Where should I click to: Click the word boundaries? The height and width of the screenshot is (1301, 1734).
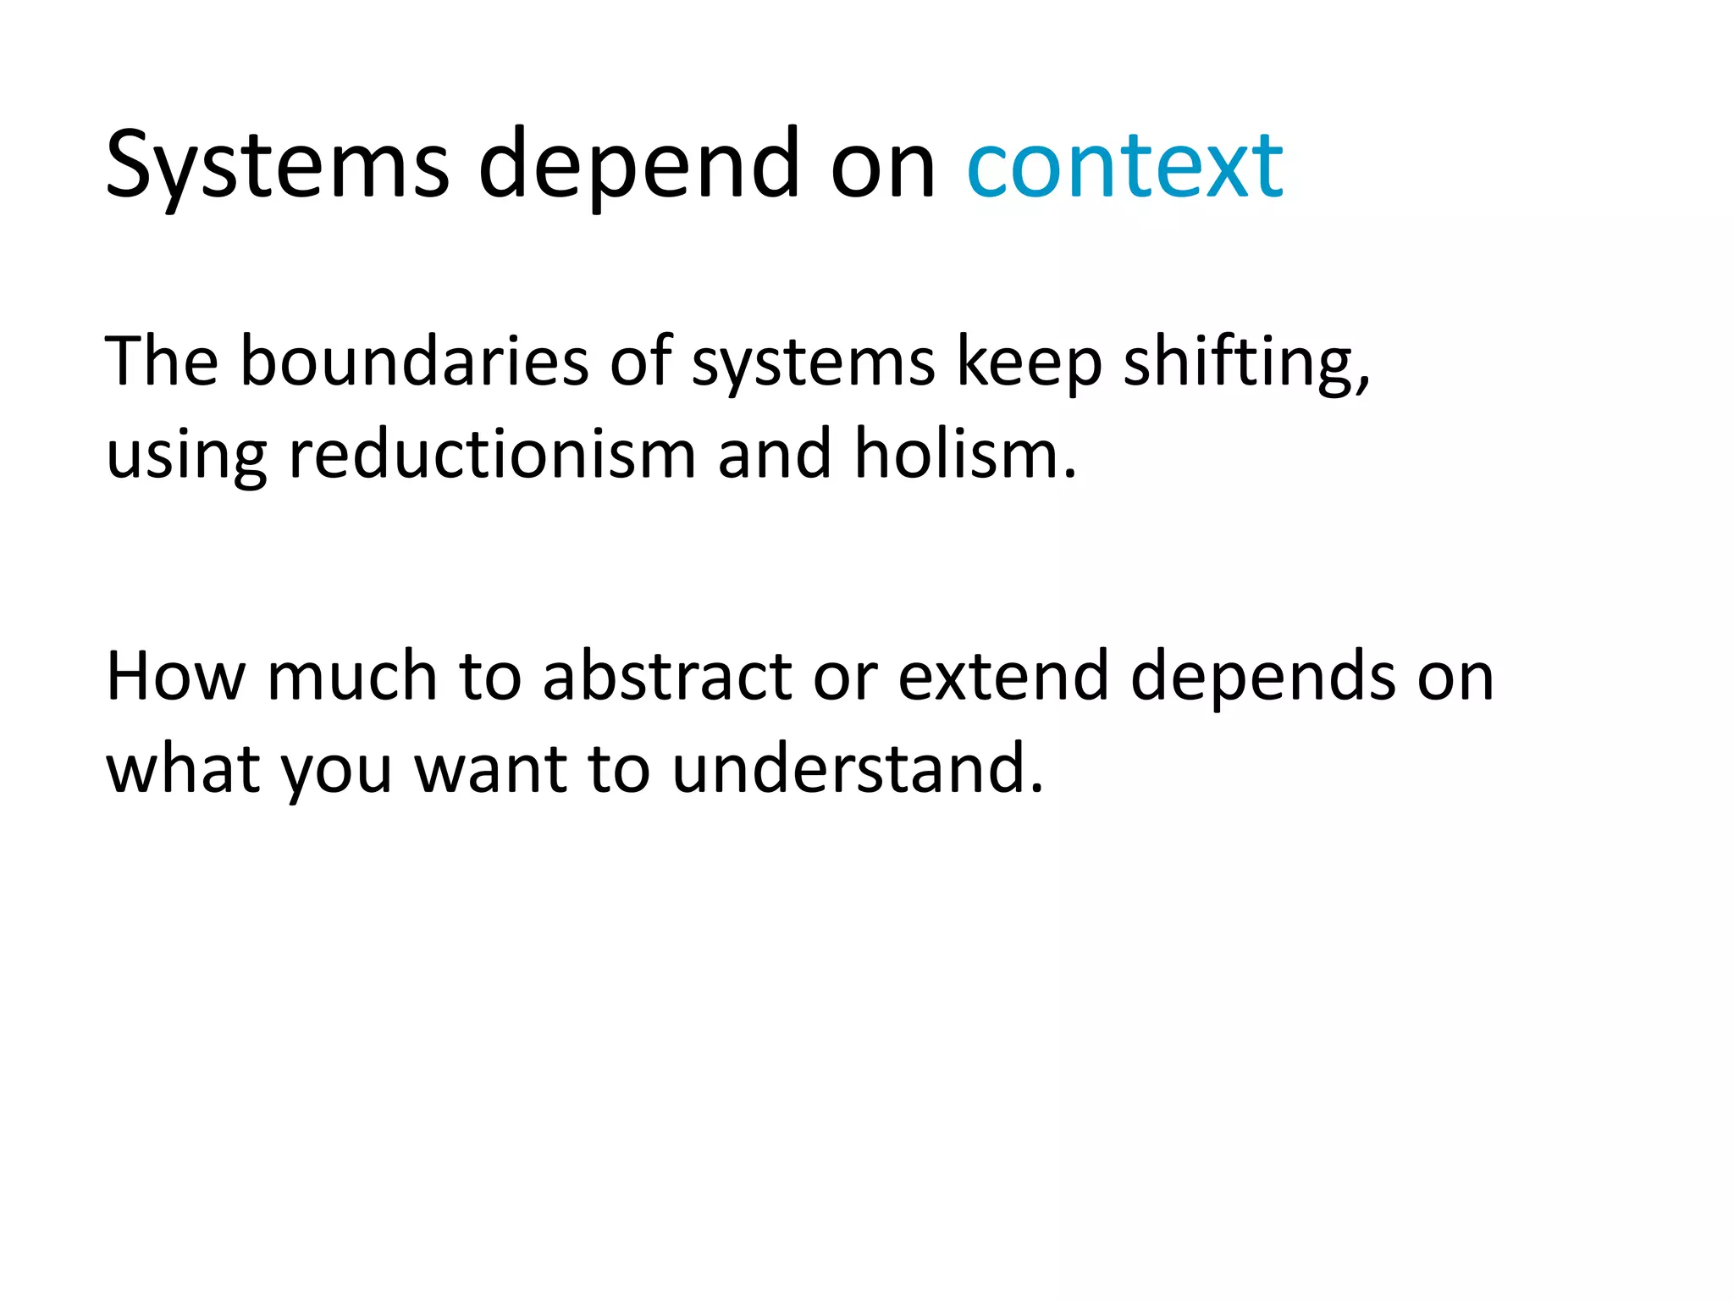coord(414,362)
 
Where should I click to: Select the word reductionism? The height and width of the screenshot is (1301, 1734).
coord(492,455)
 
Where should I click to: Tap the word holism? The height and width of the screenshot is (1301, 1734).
coord(965,455)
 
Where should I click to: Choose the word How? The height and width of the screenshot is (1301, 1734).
coord(175,677)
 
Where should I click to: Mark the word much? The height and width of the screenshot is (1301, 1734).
coord(351,677)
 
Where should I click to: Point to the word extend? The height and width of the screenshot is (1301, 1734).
coord(1002,677)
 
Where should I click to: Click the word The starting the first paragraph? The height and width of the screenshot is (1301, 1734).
coord(162,362)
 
